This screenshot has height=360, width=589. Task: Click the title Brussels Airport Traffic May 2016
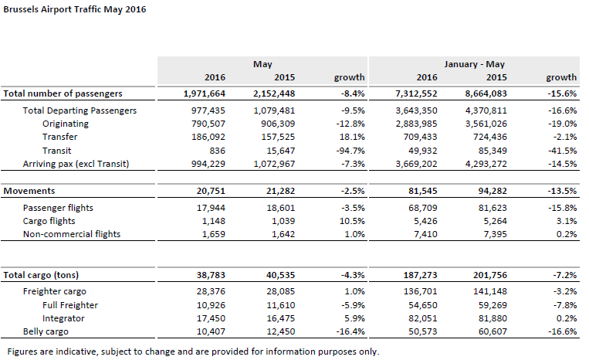[75, 9]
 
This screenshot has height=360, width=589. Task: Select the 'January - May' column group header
[474, 64]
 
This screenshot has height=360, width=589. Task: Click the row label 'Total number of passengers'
[63, 93]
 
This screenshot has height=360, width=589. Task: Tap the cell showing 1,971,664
[205, 93]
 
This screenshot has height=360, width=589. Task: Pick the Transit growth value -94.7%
[350, 151]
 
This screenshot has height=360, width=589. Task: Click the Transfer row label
[59, 137]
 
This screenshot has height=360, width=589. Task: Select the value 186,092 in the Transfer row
[208, 137]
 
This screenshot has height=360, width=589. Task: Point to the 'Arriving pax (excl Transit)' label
[76, 164]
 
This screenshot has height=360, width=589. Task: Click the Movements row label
[29, 191]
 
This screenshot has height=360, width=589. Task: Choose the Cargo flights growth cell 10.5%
[352, 221]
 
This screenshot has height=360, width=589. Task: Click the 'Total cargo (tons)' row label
[41, 275]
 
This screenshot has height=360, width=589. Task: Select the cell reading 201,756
[490, 275]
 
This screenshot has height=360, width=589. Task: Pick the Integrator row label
[63, 318]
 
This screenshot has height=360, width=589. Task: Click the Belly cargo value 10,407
[211, 331]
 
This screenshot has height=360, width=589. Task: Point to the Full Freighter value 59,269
[493, 305]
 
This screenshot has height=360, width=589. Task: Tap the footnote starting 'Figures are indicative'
[194, 352]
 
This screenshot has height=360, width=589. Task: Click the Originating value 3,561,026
[486, 124]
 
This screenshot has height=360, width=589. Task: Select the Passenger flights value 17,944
[211, 208]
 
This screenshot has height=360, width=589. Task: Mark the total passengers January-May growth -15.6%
[562, 93]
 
